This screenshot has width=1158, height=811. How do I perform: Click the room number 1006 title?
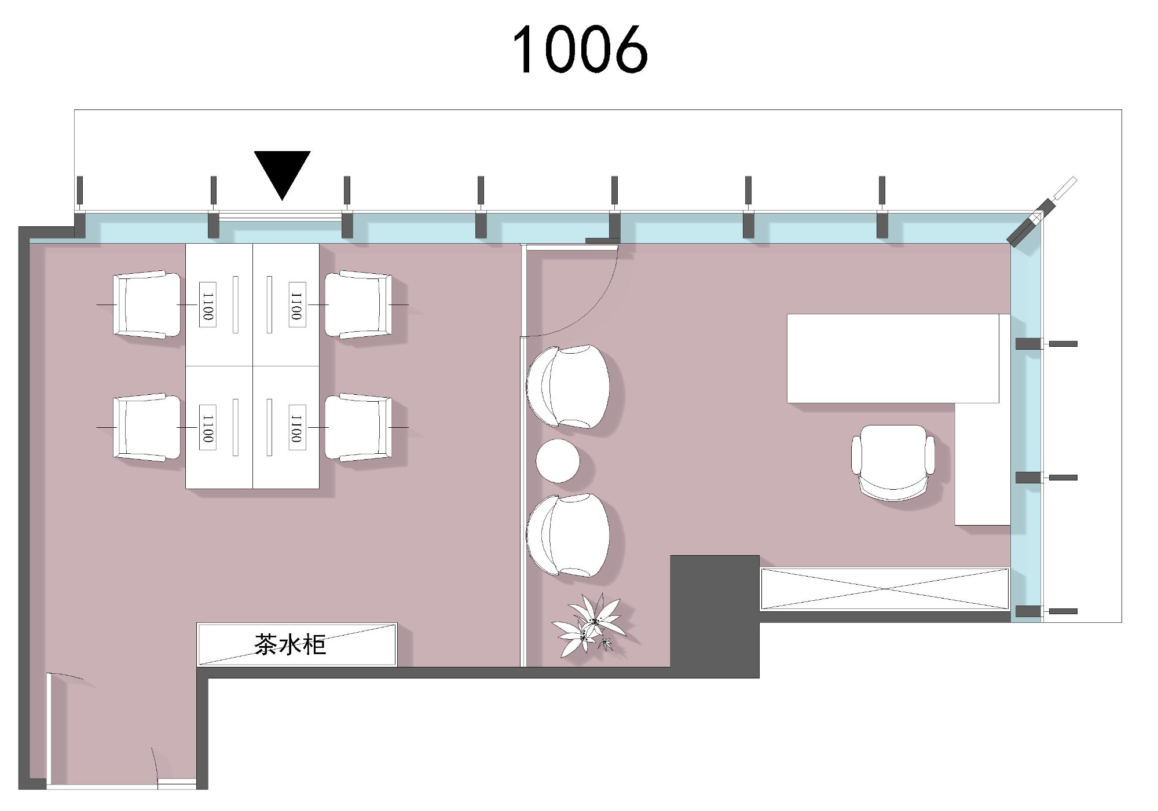click(580, 50)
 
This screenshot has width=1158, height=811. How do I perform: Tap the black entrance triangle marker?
click(282, 173)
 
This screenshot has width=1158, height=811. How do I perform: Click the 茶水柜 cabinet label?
click(290, 644)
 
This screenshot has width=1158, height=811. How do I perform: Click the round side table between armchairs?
click(558, 461)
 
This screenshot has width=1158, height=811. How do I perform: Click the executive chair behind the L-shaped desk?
click(893, 462)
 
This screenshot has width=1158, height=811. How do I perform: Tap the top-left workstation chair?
click(146, 304)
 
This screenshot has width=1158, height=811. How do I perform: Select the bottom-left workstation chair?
click(146, 427)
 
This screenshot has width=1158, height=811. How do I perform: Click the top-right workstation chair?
click(358, 304)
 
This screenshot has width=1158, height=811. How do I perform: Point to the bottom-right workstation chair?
click(358, 427)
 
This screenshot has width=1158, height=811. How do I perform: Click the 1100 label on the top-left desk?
click(208, 304)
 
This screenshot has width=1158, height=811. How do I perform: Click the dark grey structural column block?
click(714, 616)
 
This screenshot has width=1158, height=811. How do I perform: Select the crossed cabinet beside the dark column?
click(885, 589)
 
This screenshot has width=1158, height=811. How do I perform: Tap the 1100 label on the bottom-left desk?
click(208, 427)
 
